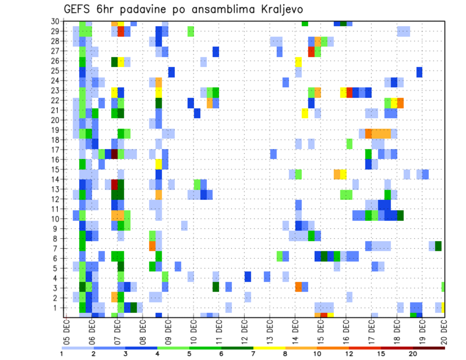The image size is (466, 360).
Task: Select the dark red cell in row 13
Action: click(x=115, y=184)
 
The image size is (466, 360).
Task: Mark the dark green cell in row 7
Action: click(x=438, y=246)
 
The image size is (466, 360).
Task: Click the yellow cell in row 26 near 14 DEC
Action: click(x=299, y=62)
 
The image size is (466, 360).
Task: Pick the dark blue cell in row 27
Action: click(x=216, y=51)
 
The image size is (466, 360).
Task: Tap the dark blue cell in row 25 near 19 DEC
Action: click(x=419, y=72)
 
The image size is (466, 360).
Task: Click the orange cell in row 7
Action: click(x=152, y=246)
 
